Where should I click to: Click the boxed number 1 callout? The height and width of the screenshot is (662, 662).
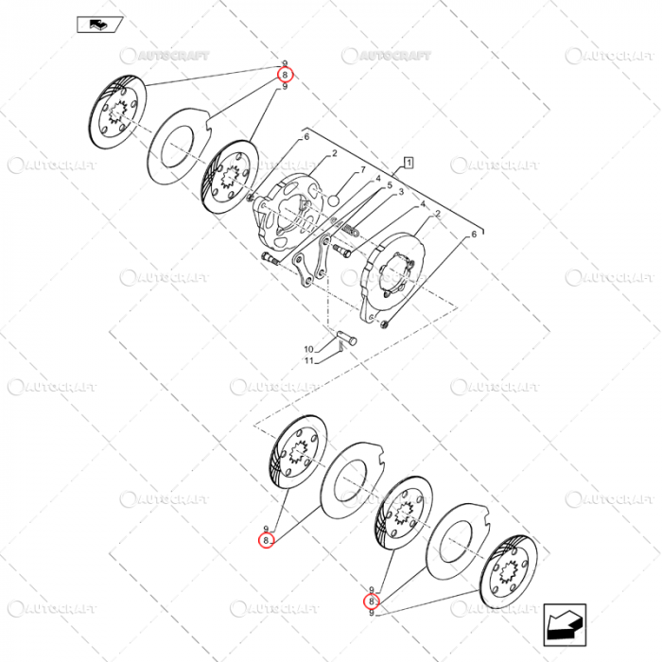(x=408, y=163)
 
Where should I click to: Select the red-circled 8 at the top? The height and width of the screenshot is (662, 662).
(x=285, y=75)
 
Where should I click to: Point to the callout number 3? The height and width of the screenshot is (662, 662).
(x=400, y=192)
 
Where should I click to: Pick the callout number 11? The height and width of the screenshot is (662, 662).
(x=307, y=360)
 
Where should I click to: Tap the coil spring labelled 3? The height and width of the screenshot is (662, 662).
(x=350, y=229)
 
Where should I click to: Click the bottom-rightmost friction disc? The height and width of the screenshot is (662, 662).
(x=508, y=572)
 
